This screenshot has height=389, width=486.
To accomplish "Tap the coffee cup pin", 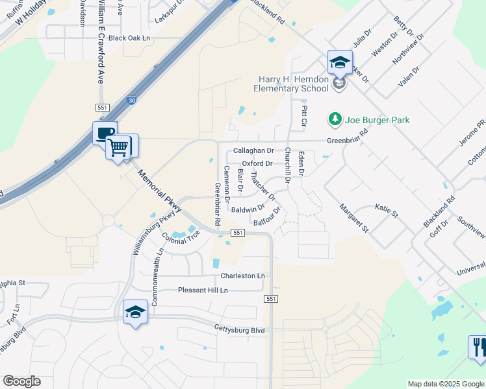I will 105,134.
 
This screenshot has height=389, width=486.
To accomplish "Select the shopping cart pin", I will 119,147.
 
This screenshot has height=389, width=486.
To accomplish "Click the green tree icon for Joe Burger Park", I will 335,119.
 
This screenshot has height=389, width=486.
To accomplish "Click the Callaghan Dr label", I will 253,150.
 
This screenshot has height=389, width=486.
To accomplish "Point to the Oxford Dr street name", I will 257,163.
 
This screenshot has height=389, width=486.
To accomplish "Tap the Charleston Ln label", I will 242,276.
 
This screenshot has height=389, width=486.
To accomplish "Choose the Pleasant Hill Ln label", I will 203,290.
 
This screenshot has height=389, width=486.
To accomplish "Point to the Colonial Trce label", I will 181,238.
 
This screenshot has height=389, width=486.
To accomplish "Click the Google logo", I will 21,381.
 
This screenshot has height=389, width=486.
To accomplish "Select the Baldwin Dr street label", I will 248,209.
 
